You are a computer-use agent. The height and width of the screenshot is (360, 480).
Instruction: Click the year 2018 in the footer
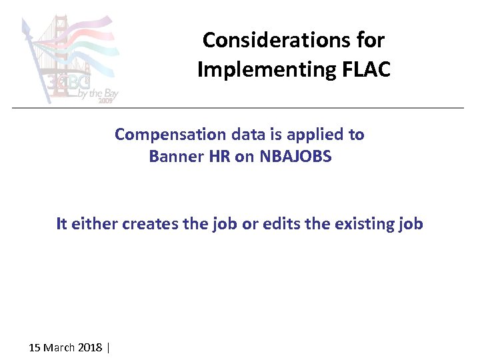[90, 347]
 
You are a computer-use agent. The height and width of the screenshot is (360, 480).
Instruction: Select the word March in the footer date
[60, 347]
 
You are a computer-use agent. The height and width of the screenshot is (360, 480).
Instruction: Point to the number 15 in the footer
[35, 347]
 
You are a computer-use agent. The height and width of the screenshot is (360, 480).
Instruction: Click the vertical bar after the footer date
[107, 347]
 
